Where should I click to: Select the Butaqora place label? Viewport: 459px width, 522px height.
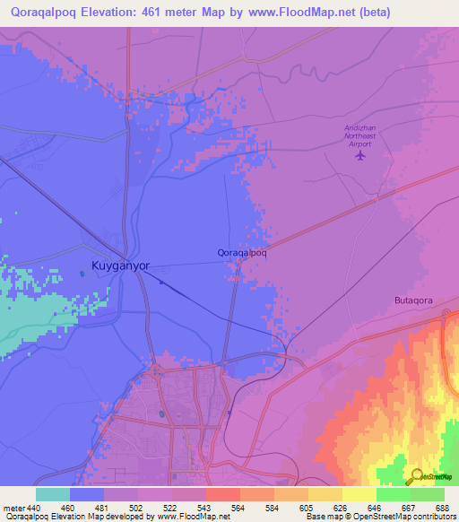click(x=414, y=301)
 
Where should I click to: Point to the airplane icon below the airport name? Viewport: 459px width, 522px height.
click(x=360, y=155)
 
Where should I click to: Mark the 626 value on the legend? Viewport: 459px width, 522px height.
click(x=342, y=508)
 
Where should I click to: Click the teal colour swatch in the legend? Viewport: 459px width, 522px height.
click(x=53, y=494)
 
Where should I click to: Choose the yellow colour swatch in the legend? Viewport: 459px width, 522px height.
click(x=359, y=494)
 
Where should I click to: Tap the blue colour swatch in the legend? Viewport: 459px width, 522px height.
click(x=87, y=494)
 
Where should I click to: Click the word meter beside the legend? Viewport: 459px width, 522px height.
click(x=14, y=508)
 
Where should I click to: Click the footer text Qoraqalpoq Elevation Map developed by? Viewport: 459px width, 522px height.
click(x=76, y=517)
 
